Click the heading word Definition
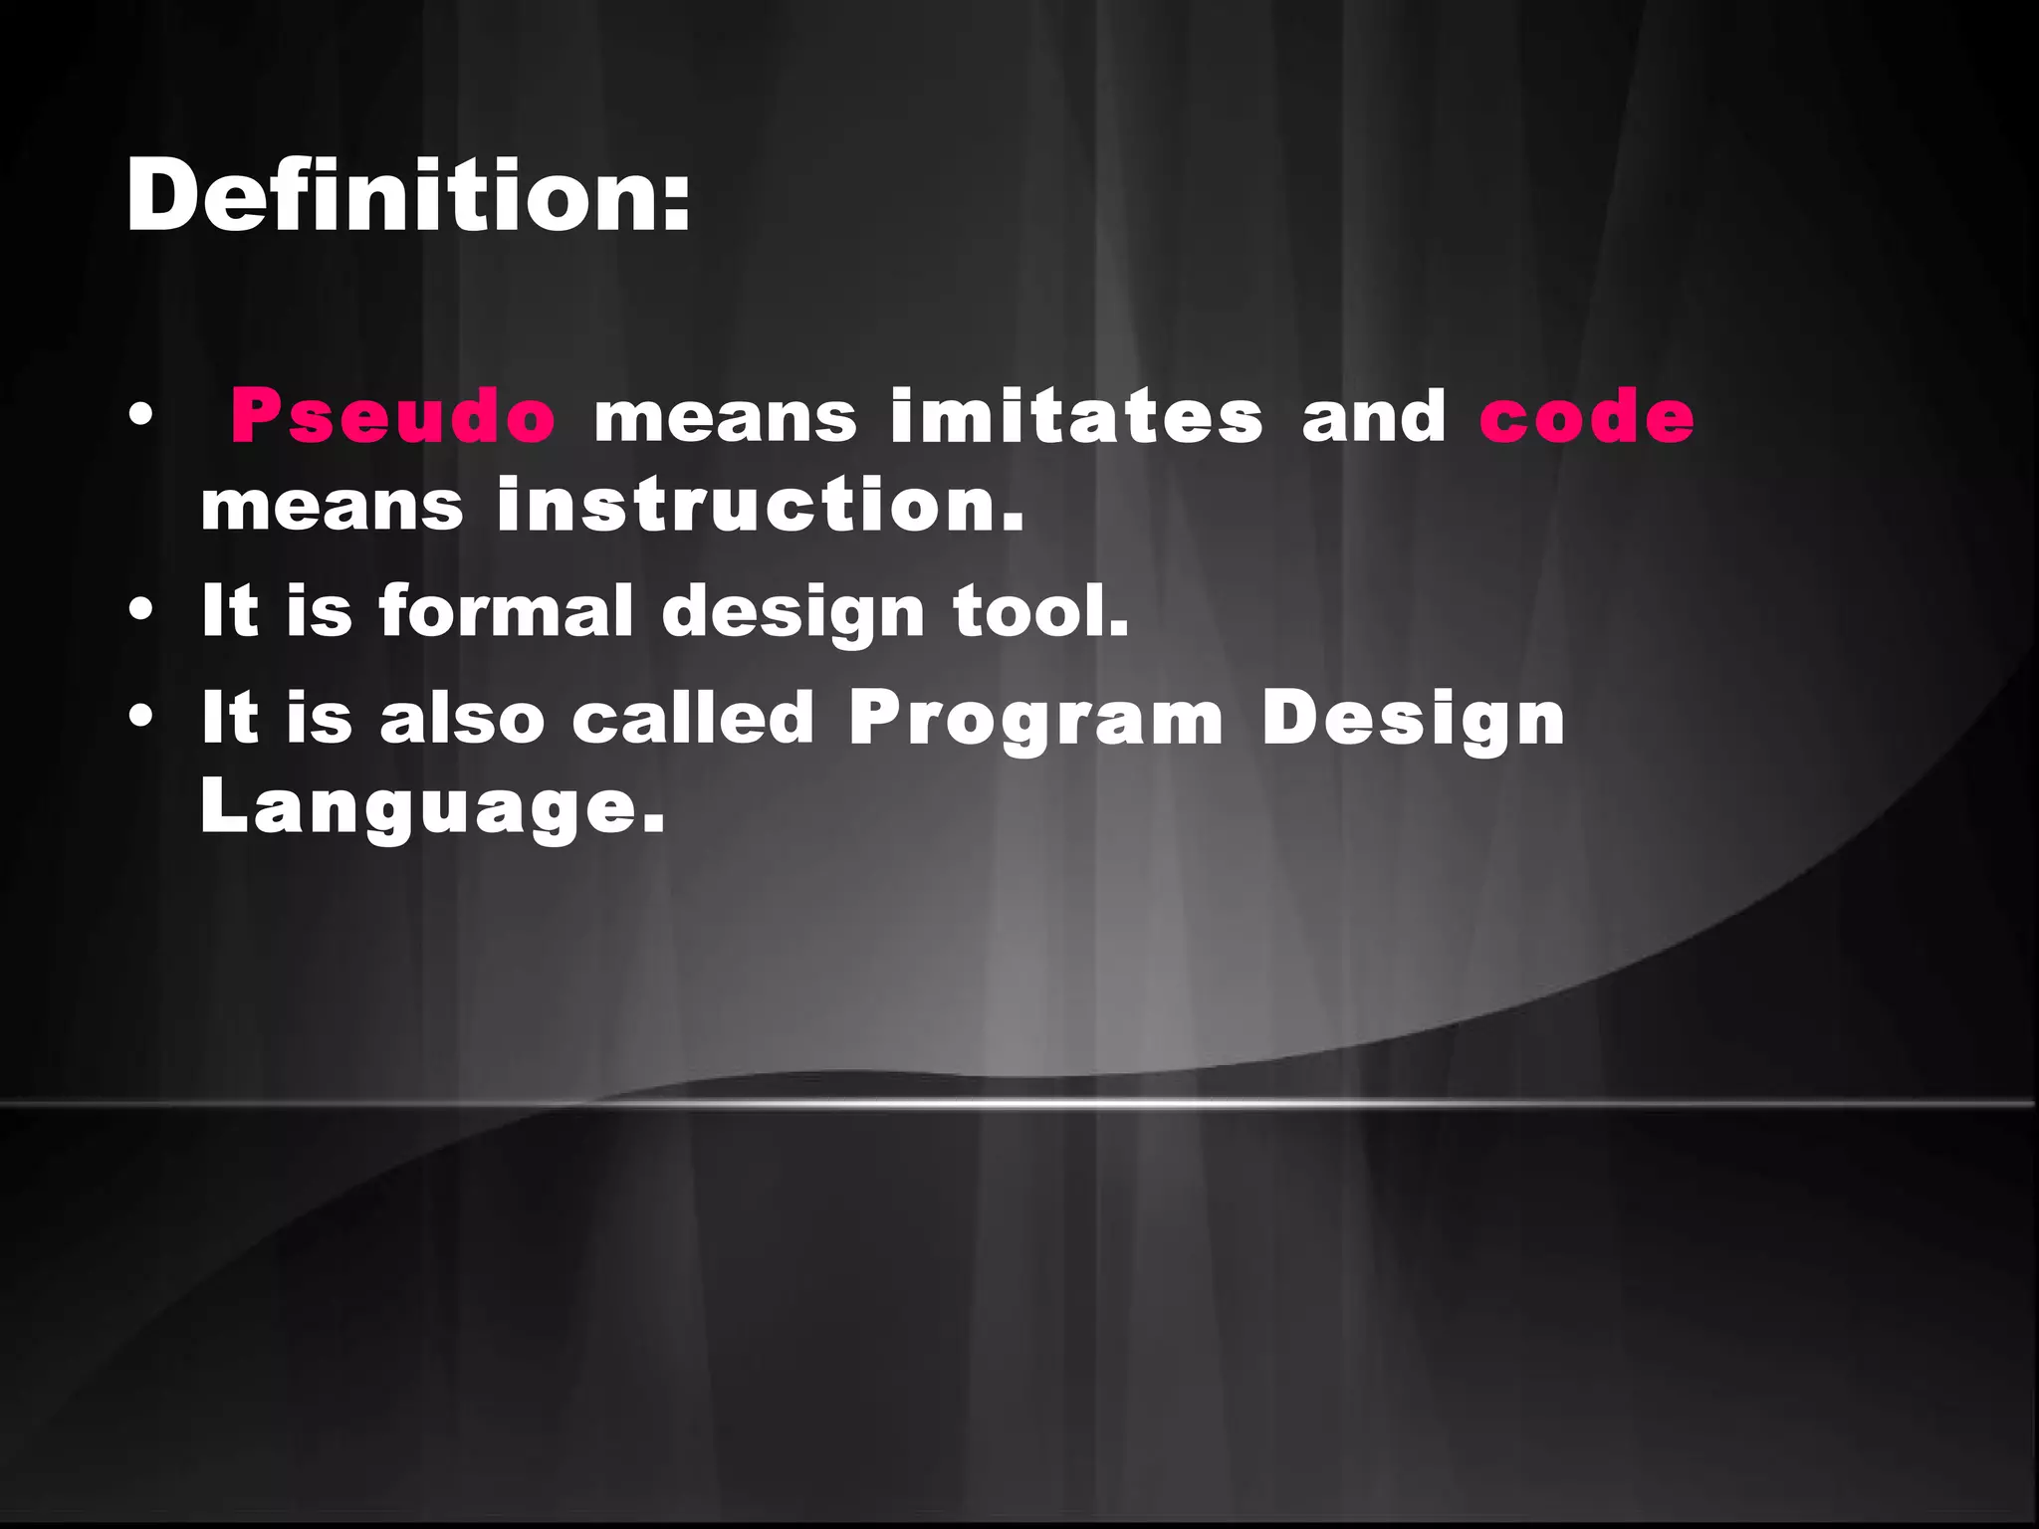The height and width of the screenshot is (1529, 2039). point(393,196)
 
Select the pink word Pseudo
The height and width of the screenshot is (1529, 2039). point(392,416)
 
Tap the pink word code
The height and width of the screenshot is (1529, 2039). point(1587,416)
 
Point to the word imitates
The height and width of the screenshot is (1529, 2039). point(1076,416)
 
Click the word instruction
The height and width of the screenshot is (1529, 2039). point(760,505)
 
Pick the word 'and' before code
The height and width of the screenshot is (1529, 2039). point(1374,416)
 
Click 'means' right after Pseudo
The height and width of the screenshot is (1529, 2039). point(725,416)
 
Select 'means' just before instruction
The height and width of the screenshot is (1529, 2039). point(332,505)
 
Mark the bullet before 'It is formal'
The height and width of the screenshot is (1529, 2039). point(140,611)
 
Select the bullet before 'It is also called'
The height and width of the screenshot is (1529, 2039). point(140,718)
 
